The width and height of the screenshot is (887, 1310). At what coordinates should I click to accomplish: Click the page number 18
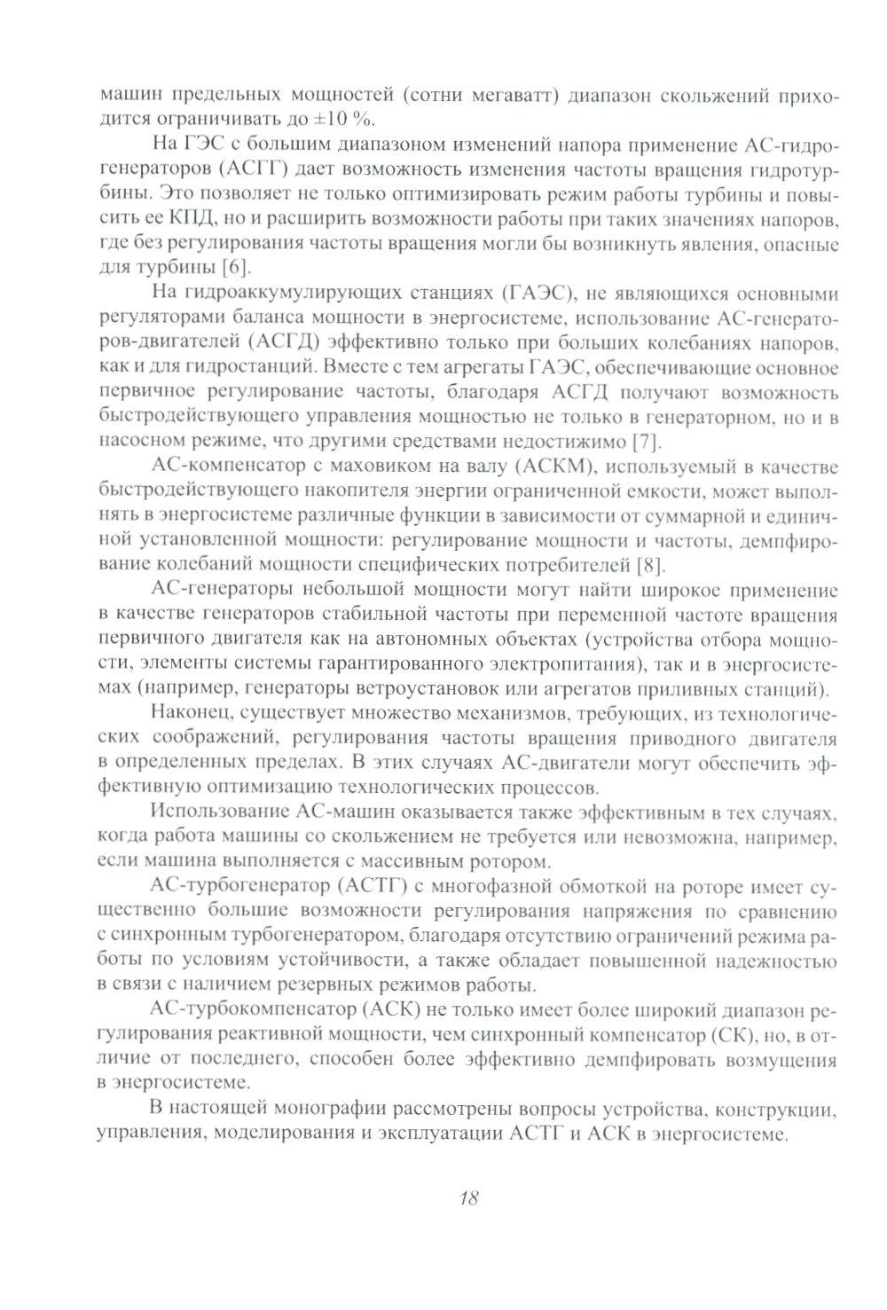point(469,1198)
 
